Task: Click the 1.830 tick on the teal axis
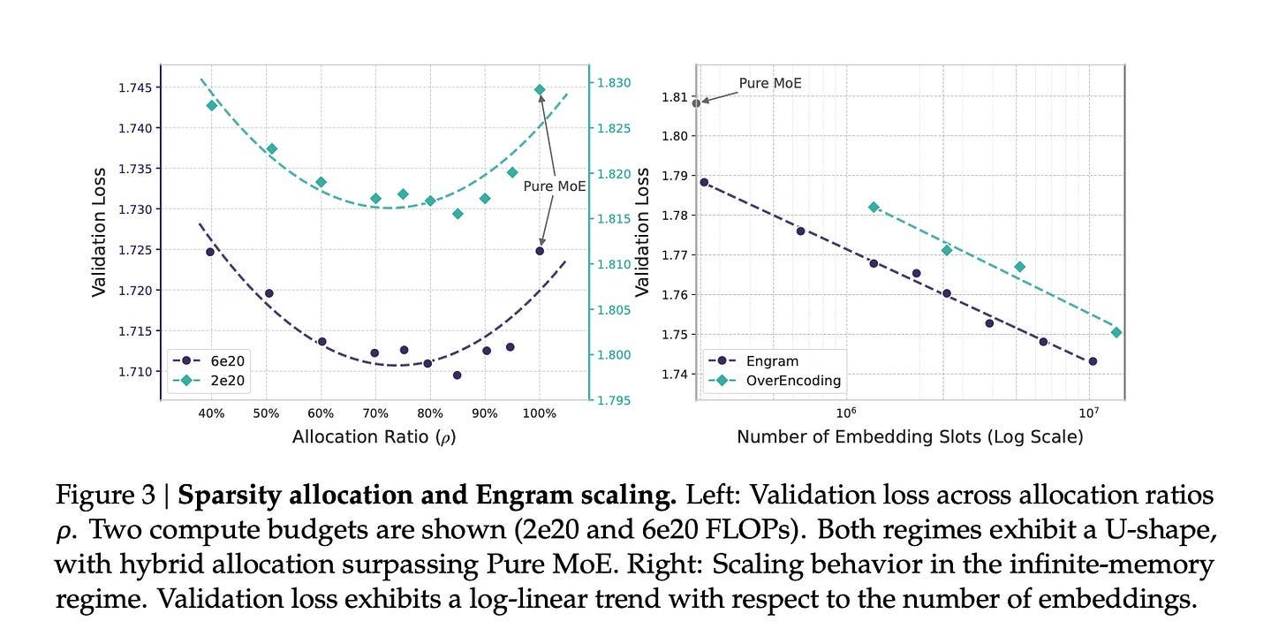(x=614, y=83)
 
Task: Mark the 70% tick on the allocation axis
(x=374, y=412)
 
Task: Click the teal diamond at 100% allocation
(x=540, y=90)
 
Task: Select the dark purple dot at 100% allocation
(x=540, y=251)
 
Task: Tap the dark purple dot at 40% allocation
(x=210, y=252)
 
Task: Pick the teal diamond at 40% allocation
(x=211, y=105)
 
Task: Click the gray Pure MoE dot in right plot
(x=696, y=103)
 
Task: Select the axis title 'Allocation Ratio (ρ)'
(x=374, y=436)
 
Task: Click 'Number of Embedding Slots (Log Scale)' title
(x=910, y=436)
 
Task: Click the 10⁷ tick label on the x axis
(x=1088, y=411)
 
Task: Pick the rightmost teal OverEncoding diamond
(x=1116, y=332)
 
